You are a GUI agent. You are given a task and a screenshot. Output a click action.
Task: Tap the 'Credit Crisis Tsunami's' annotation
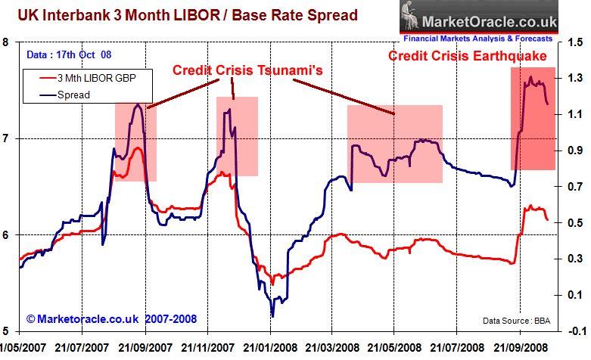point(247,70)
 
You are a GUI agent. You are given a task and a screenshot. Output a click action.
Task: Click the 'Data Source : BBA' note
point(516,321)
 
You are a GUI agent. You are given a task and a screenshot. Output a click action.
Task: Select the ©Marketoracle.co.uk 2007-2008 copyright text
point(113,318)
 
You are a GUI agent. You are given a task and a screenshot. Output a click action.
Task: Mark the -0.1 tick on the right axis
point(574,331)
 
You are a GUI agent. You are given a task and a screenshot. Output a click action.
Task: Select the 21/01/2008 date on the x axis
point(271,346)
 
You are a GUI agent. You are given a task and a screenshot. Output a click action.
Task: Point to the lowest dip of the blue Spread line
point(272,315)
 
